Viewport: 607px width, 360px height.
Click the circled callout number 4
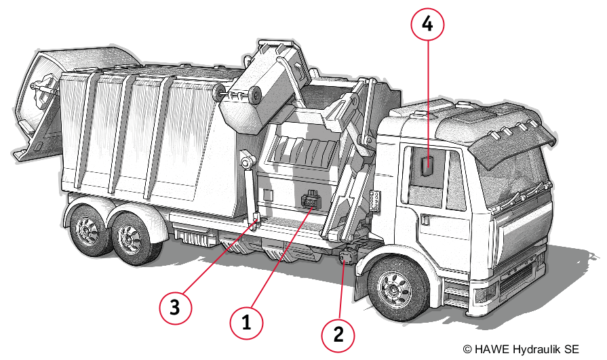point(427,24)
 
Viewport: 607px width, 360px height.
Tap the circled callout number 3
point(175,308)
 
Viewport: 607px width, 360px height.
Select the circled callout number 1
point(246,323)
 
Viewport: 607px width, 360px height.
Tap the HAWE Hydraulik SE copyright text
point(521,349)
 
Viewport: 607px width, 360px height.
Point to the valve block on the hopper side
point(311,201)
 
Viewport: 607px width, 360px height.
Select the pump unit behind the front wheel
point(348,256)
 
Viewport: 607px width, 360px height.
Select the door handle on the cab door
point(426,220)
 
